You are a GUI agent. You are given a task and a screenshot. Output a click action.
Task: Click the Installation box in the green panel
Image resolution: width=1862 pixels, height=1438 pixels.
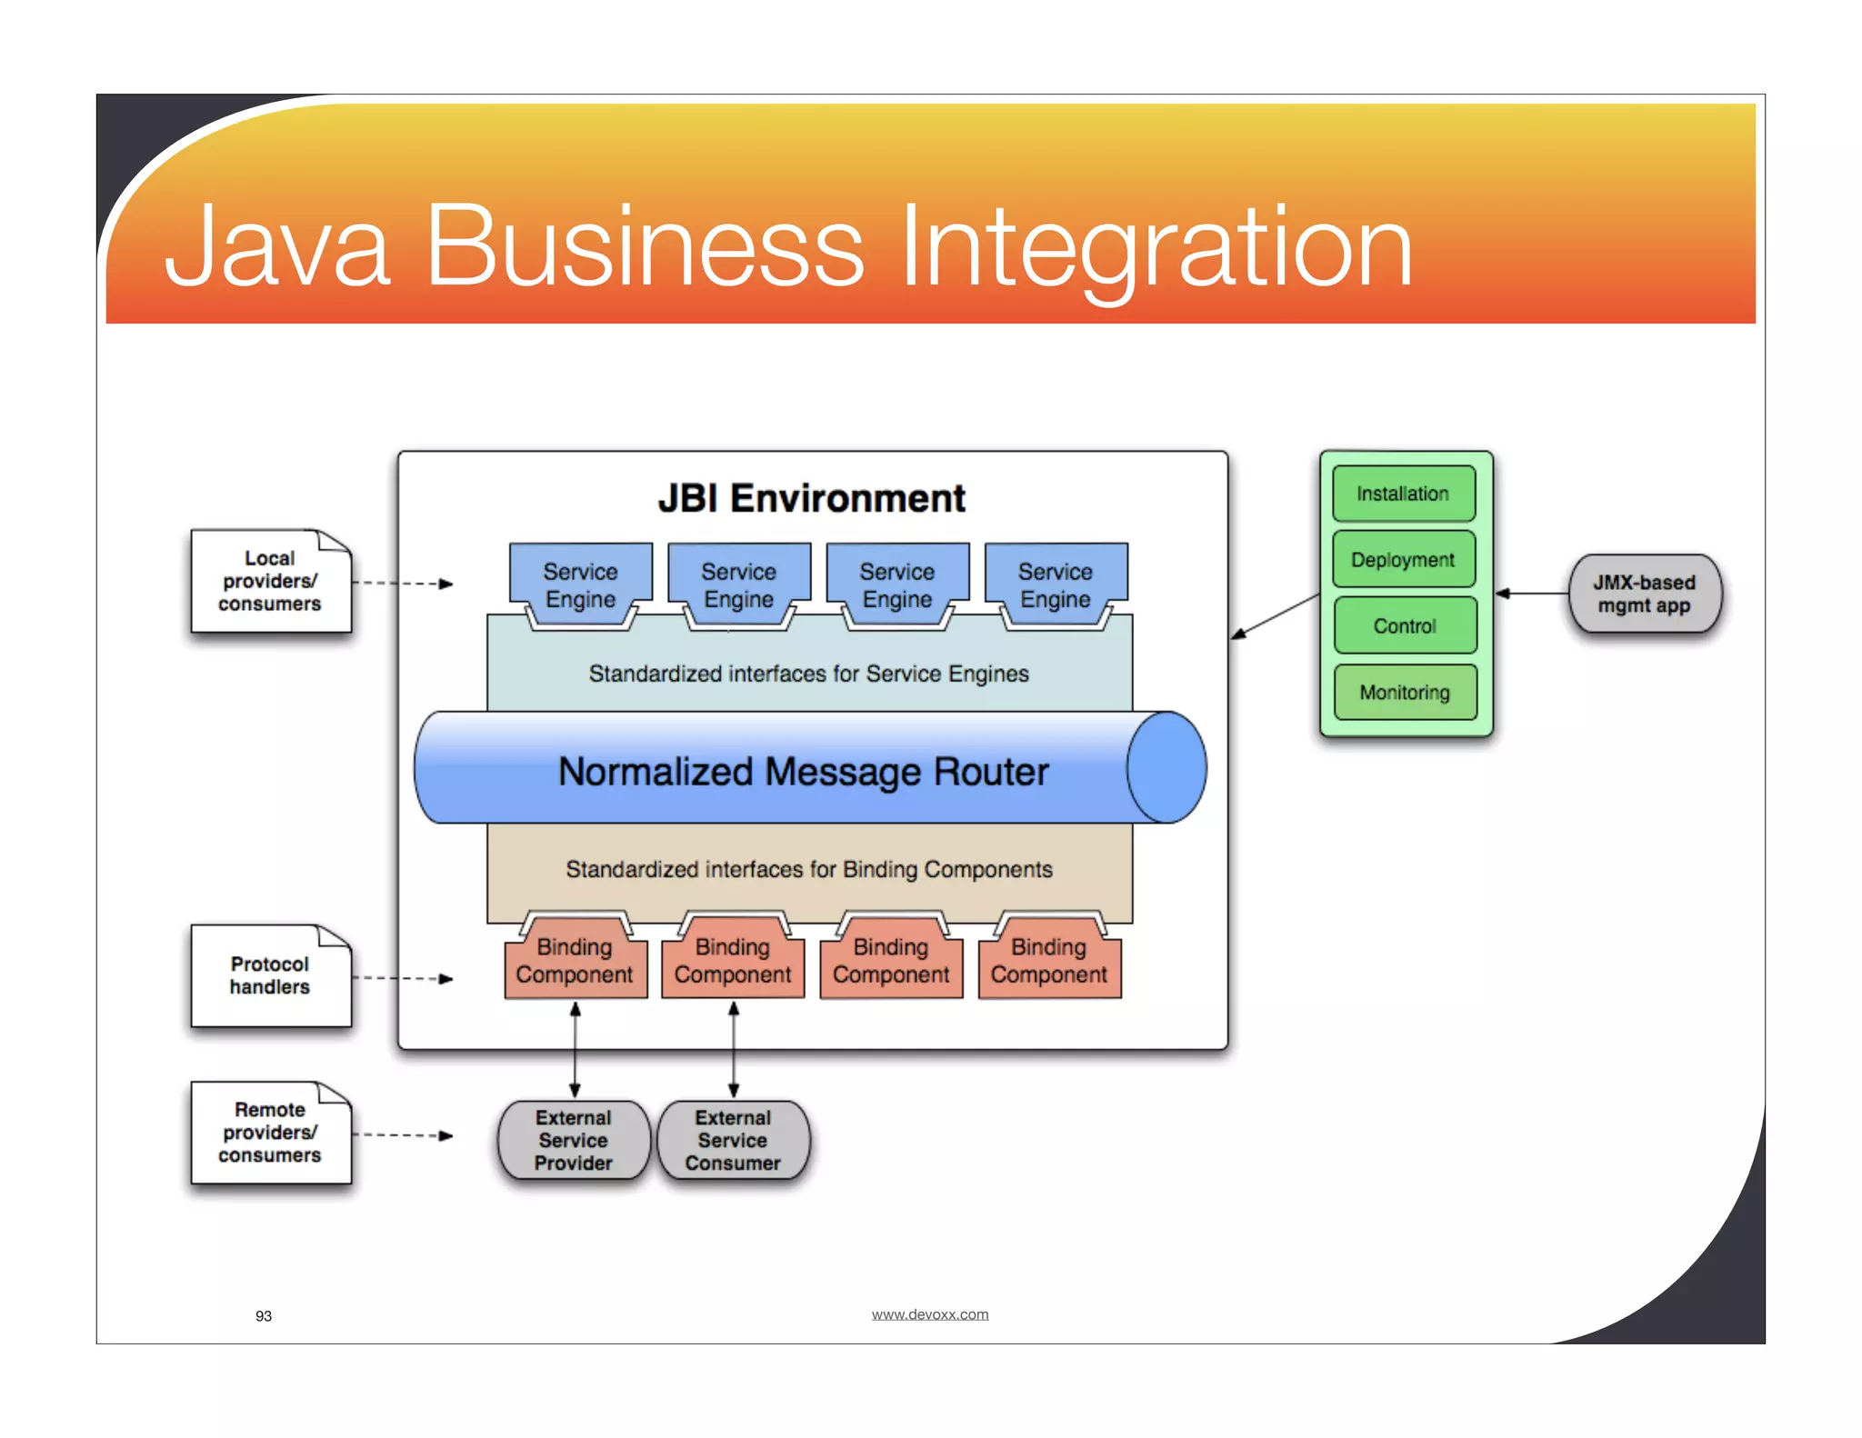(x=1403, y=494)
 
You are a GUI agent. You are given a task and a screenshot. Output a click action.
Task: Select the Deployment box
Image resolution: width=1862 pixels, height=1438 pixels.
(x=1403, y=560)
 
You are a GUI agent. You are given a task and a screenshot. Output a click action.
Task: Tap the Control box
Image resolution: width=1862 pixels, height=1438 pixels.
(x=1404, y=625)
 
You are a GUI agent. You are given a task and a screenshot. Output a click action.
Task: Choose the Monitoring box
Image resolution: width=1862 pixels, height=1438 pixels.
(x=1404, y=693)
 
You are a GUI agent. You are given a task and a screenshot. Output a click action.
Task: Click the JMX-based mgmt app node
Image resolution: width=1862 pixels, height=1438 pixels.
(x=1644, y=594)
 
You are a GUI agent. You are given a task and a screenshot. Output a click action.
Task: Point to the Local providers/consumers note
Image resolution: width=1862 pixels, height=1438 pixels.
(x=270, y=582)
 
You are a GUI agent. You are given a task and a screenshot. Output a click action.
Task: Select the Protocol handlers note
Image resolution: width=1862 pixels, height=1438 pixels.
(x=270, y=976)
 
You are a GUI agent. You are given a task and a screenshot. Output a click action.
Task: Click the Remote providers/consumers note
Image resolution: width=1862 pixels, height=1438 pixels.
(x=270, y=1133)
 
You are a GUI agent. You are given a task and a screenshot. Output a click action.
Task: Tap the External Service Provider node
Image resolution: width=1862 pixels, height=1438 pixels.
(x=574, y=1141)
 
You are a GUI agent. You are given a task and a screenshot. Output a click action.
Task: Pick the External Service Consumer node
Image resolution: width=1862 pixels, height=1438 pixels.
(x=733, y=1141)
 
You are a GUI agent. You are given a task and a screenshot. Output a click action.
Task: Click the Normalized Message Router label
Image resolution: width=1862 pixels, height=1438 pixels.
(x=803, y=772)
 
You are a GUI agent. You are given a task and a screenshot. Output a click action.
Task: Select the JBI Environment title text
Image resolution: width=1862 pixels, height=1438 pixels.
(x=811, y=498)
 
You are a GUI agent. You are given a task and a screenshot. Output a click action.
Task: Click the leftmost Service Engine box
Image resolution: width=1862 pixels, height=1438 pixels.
(x=580, y=584)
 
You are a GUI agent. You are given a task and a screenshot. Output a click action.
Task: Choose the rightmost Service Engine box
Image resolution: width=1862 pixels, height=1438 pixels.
(x=1055, y=584)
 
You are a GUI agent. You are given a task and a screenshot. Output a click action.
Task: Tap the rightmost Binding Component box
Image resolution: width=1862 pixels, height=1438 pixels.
(x=1049, y=962)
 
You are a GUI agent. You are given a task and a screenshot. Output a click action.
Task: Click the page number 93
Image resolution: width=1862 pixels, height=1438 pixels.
(x=264, y=1316)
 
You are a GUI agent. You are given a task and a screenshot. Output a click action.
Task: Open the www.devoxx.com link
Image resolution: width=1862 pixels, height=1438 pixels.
(x=929, y=1314)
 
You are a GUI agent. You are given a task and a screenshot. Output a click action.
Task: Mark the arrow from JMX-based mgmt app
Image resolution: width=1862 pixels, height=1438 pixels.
(x=1532, y=594)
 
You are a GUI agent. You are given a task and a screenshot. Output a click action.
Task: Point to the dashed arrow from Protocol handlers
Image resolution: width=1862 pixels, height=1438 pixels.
(x=403, y=979)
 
